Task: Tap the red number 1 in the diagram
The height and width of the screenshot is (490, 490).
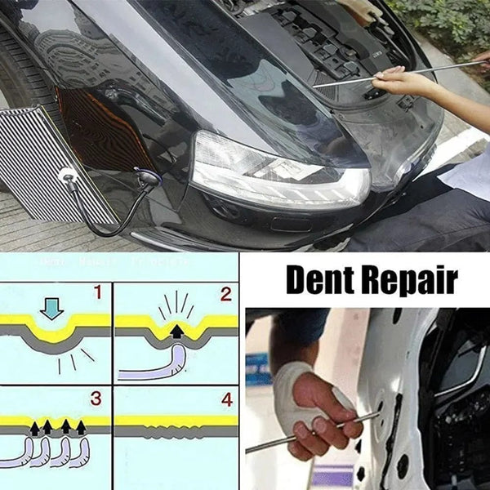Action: [x=97, y=292]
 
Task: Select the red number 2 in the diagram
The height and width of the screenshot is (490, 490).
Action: [x=225, y=293]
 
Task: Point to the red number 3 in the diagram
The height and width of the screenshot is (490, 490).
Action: [x=96, y=399]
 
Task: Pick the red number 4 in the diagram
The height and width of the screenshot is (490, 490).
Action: [x=226, y=399]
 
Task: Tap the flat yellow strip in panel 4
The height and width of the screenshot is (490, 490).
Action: [x=176, y=421]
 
